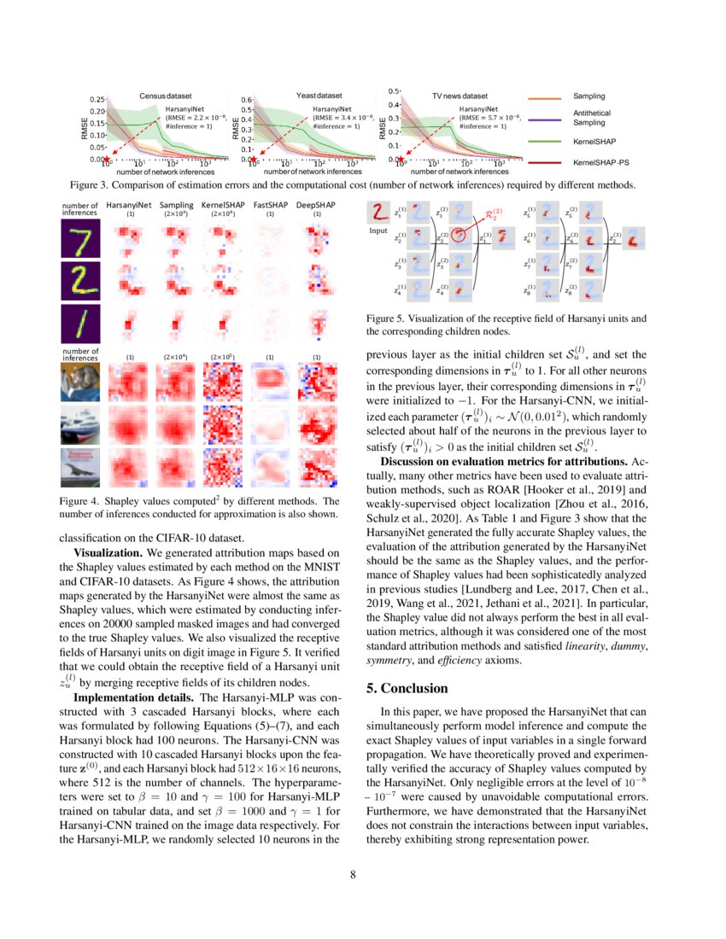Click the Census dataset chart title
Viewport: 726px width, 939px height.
(166, 96)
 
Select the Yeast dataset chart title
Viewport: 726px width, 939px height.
(319, 96)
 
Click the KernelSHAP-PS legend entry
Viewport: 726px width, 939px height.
(601, 160)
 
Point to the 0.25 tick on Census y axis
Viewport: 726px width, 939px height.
(97, 100)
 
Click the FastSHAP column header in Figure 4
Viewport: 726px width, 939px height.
(269, 206)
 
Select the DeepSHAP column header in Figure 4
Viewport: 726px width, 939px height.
(316, 206)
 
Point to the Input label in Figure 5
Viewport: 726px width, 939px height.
(378, 230)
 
